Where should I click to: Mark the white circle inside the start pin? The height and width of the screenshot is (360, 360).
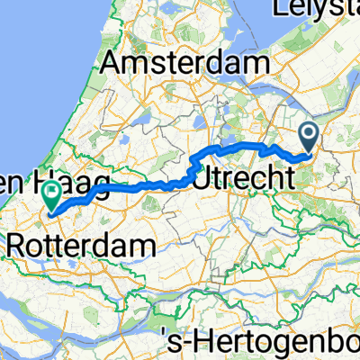pyautogui.click(x=310, y=135)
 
